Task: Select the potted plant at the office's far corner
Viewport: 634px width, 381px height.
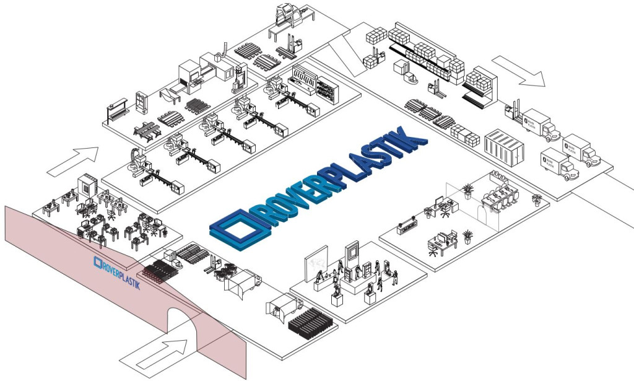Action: click(x=537, y=199)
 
